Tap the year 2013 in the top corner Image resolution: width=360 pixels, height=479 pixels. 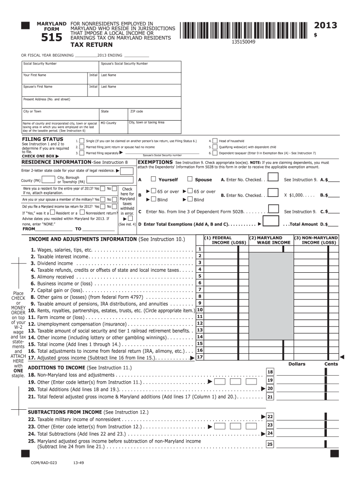tap(325, 25)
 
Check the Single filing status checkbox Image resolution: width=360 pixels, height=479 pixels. tap(82, 141)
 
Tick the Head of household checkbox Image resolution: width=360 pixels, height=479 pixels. tap(215, 141)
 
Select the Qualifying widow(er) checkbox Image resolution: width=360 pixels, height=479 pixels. tap(215, 147)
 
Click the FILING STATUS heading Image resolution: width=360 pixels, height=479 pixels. tap(43, 139)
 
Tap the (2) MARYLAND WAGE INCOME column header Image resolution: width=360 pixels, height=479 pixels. tap(271, 240)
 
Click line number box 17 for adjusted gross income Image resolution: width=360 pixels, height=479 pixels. tap(200, 357)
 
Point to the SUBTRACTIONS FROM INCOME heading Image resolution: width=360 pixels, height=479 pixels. tap(65, 412)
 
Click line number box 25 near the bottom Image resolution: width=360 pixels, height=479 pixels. tap(270, 444)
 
